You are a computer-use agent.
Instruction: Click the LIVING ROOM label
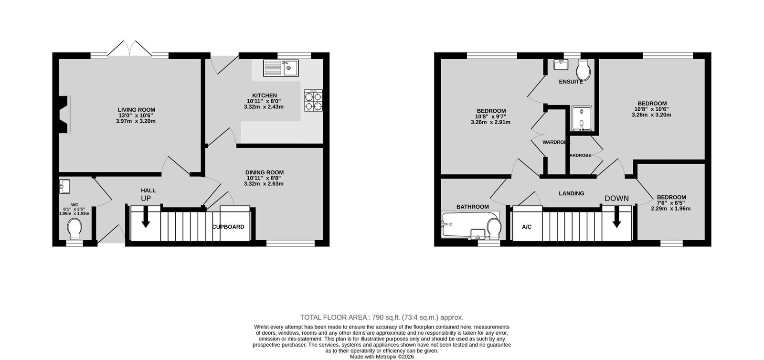137,110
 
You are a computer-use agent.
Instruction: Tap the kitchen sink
281,68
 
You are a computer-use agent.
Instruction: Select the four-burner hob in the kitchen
313,100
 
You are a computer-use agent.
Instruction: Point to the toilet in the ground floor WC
74,229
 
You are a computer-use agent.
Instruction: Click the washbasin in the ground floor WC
64,187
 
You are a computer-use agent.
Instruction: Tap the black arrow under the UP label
146,219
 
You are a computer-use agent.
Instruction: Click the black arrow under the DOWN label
616,219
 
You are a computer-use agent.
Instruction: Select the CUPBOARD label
228,227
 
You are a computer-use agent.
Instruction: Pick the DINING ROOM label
265,172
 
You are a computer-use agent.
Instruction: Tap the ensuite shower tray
582,118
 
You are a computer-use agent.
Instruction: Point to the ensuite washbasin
561,64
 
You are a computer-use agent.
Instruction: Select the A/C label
527,227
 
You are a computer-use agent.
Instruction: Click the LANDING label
571,193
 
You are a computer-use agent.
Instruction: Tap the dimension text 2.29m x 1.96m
670,209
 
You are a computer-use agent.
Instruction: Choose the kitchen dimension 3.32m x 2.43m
264,106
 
